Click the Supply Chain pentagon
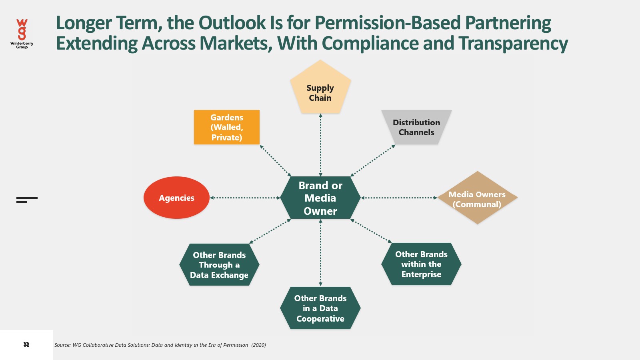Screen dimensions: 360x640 (x=320, y=90)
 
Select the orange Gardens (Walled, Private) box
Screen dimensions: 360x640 (x=227, y=127)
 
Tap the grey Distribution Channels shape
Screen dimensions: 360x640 (x=416, y=127)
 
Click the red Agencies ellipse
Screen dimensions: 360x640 (x=176, y=198)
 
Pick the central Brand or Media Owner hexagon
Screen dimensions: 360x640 (x=320, y=198)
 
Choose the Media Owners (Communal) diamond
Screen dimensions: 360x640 (x=477, y=198)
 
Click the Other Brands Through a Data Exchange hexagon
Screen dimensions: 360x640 (x=219, y=265)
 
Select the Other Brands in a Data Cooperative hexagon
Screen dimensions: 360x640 (x=320, y=308)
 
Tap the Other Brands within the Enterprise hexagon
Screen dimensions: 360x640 (x=421, y=264)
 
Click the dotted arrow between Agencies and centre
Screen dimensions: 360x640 (x=245, y=198)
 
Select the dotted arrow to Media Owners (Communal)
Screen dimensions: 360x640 (x=399, y=198)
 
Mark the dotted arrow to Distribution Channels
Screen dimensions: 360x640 (x=373, y=160)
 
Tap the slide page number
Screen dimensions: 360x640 (x=26, y=344)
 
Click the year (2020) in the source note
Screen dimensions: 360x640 (x=258, y=345)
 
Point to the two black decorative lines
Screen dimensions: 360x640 (x=27, y=200)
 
